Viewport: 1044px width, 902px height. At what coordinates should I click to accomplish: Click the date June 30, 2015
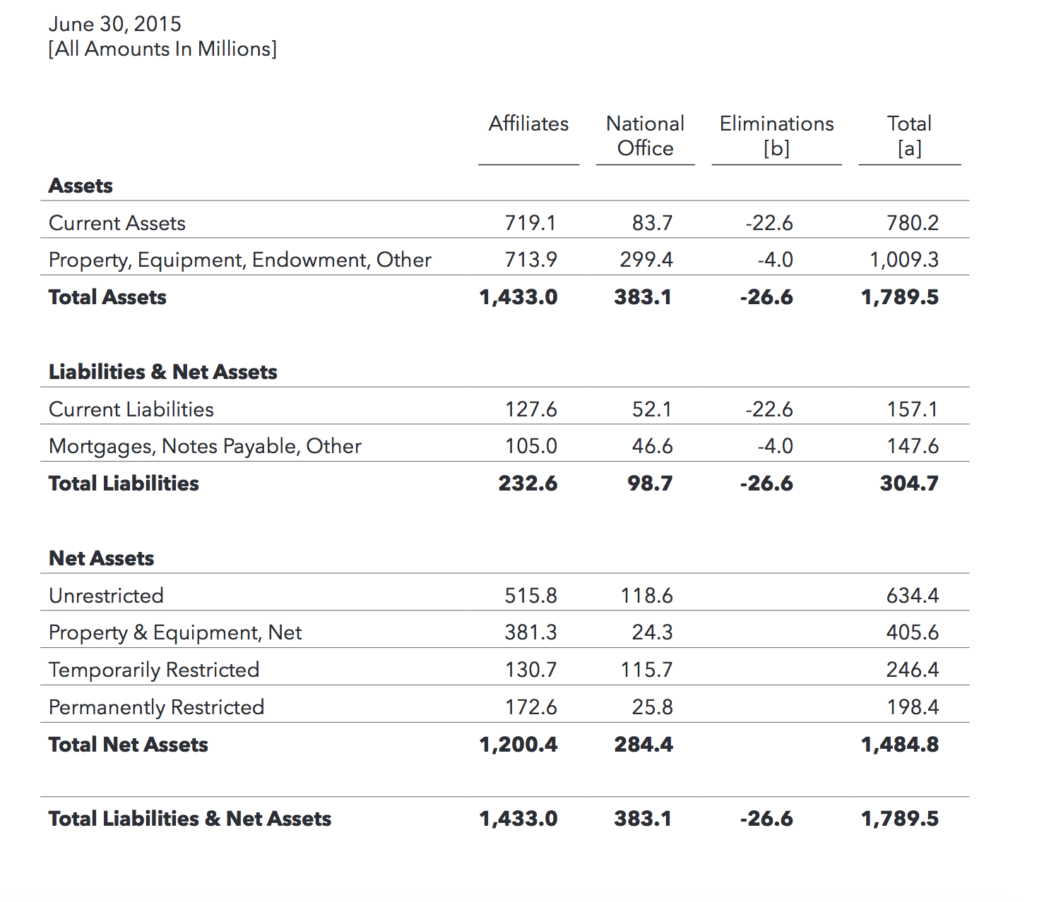pos(114,24)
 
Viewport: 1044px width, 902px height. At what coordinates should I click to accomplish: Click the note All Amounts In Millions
pos(162,49)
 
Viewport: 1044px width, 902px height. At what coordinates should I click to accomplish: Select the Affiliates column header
pos(528,124)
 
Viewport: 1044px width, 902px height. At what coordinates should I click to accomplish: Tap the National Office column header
pos(645,136)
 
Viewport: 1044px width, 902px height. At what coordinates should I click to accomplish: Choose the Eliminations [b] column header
pos(776,136)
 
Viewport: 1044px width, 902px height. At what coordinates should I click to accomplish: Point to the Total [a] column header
pos(909,136)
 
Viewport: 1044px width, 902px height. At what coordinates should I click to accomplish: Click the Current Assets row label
pos(117,223)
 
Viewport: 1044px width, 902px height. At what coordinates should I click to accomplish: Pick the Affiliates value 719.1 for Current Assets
pos(530,223)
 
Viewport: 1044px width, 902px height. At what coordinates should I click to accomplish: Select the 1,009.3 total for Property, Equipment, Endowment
pos(903,260)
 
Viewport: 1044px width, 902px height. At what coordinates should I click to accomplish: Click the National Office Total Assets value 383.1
pos(643,297)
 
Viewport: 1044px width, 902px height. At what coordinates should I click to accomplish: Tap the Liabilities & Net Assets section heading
pos(162,372)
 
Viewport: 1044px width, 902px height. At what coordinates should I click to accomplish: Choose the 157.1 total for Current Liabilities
pos(913,409)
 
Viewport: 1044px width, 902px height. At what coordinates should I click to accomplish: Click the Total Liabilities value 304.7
pos(909,483)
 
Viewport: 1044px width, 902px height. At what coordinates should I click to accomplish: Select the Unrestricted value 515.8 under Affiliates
pos(531,596)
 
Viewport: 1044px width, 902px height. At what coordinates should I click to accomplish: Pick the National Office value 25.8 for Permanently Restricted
pos(652,707)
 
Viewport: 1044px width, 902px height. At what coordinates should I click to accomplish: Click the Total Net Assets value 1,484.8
pos(900,745)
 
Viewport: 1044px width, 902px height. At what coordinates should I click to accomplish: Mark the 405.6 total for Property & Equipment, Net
pos(913,632)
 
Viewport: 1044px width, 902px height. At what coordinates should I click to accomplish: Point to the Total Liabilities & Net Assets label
pos(190,819)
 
